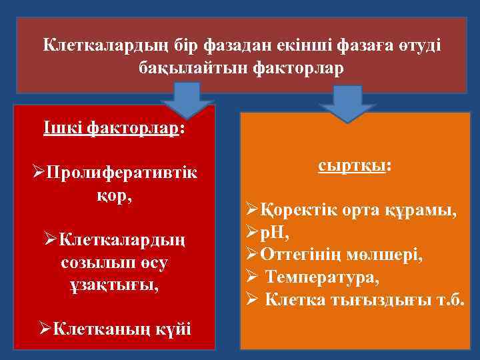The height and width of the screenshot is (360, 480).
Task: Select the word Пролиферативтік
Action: click(121, 173)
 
